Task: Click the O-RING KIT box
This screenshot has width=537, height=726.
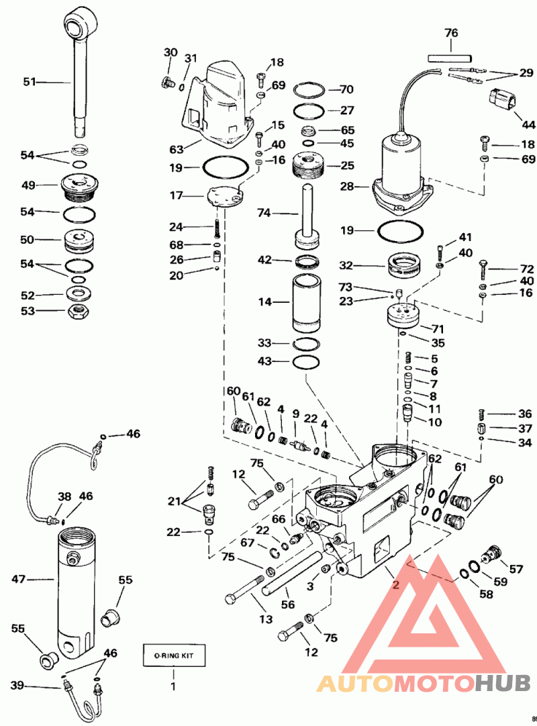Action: pos(174,655)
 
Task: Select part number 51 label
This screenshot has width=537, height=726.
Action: pos(30,82)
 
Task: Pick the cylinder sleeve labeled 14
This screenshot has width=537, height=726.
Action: pos(307,303)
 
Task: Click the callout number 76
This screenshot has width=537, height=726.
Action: pos(451,33)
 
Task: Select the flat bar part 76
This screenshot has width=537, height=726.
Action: pos(450,58)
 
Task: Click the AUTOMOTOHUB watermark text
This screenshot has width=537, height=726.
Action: pos(424,683)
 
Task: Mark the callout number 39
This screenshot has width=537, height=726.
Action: pos(17,685)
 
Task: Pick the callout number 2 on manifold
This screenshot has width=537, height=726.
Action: pos(395,585)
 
